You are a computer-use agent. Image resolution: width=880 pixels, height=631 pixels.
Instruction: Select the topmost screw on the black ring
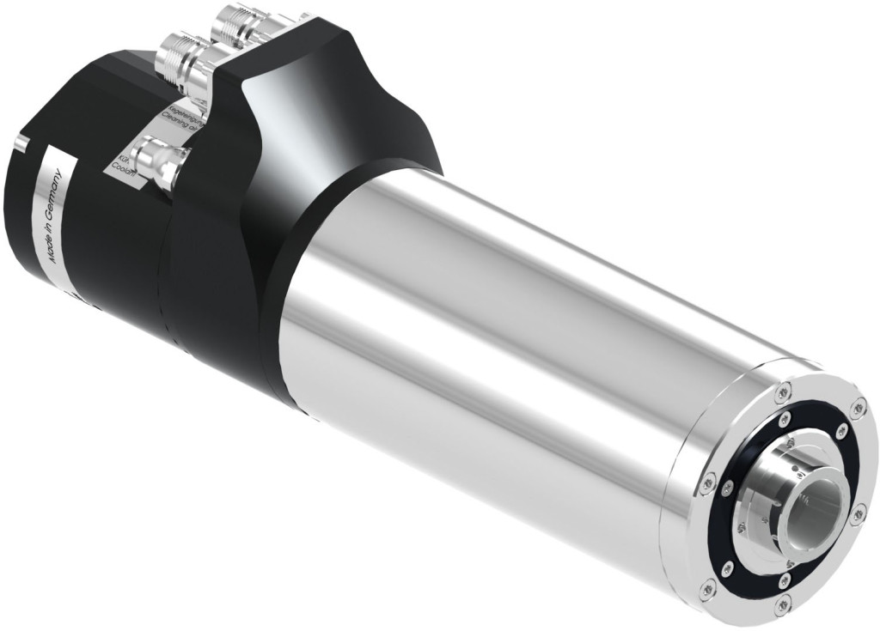[784, 421]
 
